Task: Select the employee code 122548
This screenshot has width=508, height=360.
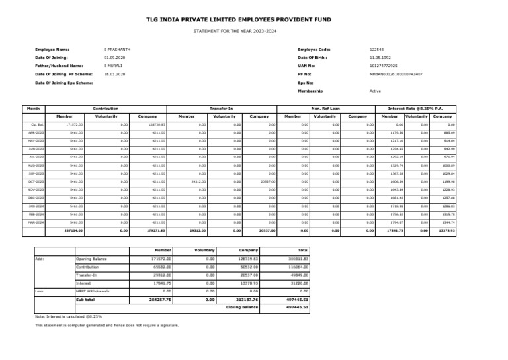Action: click(376, 50)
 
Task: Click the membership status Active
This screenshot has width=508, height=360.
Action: click(375, 91)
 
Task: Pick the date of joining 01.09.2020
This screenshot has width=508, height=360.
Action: click(114, 58)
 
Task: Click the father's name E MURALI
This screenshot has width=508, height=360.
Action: click(113, 66)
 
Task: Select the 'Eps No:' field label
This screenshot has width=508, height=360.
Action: click(305, 83)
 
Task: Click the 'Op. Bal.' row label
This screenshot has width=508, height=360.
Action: click(38, 124)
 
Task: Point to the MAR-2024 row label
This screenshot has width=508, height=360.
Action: click(38, 222)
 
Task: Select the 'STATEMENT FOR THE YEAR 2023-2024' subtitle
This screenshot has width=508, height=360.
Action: click(253, 32)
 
